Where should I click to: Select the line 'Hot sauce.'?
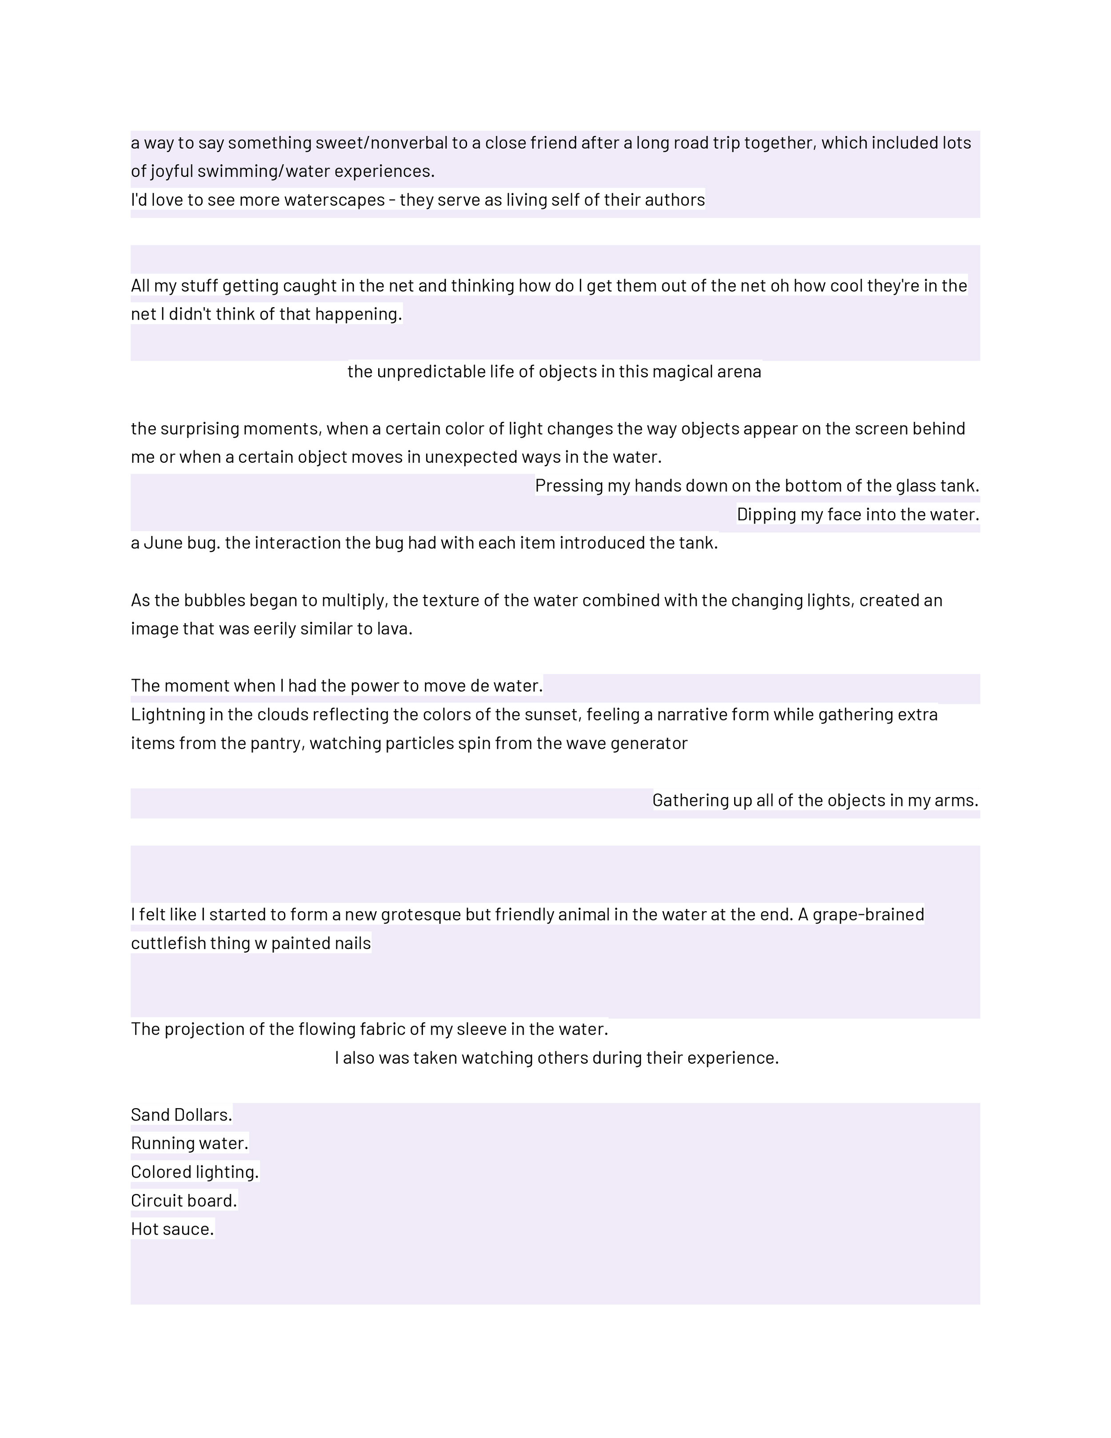172,1229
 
